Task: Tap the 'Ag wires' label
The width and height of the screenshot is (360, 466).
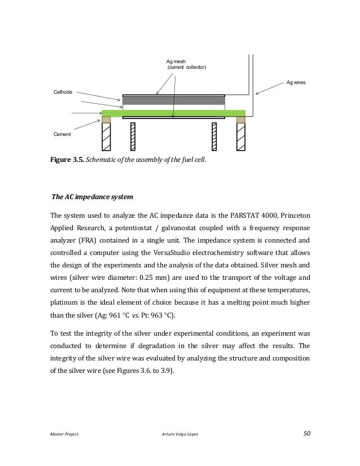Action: (x=296, y=82)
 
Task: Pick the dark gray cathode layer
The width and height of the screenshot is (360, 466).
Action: (x=174, y=100)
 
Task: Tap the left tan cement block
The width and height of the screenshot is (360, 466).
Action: (x=106, y=120)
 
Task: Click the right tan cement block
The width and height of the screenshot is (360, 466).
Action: (x=241, y=120)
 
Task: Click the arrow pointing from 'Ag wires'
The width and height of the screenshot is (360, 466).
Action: (x=269, y=88)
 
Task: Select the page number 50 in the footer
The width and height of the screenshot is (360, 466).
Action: (x=306, y=433)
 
